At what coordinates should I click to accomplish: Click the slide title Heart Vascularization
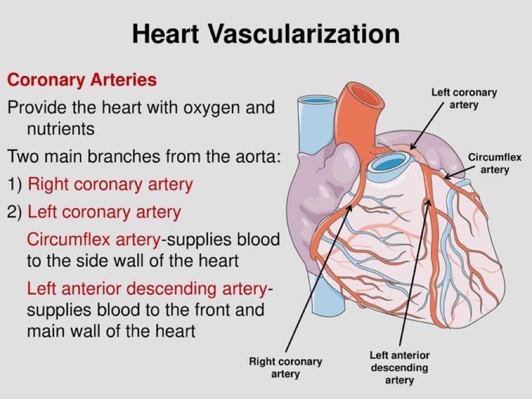pos(266,33)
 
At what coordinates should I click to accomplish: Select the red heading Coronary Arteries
pos(82,80)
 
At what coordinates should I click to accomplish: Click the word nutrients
pos(61,128)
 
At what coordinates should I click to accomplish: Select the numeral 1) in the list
pos(15,185)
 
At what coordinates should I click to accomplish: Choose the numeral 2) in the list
pos(15,211)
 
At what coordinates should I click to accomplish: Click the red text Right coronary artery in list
pos(111,185)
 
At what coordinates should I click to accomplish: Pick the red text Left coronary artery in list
pos(105,211)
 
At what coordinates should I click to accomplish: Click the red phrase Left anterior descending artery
pos(147,289)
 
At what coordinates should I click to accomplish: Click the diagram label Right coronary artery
pos(285,367)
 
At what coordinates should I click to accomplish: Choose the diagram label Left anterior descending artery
pos(399,367)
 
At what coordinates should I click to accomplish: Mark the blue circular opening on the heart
pos(389,162)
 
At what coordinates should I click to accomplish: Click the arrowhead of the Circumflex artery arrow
pos(445,176)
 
